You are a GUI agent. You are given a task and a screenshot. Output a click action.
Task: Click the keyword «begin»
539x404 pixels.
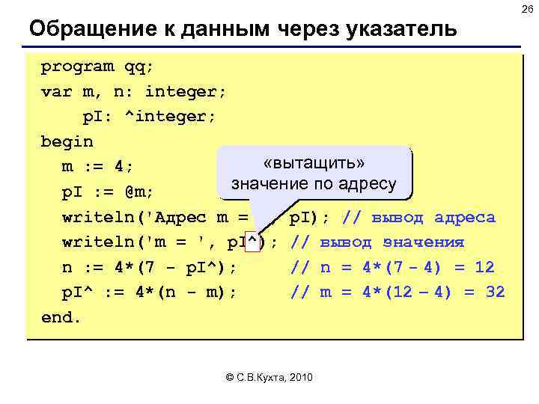tap(67, 141)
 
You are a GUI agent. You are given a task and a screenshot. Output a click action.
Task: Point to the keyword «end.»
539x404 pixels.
tap(61, 316)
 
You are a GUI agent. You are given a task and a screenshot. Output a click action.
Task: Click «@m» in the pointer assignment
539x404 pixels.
tap(139, 192)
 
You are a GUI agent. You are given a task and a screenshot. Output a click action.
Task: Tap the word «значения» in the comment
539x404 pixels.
tap(423, 242)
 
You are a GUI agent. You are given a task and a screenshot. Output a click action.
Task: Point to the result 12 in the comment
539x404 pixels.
tap(484, 267)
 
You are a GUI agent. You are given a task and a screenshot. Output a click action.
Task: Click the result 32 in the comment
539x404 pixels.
tap(494, 292)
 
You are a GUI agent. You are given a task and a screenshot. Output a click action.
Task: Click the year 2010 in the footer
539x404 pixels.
tap(301, 376)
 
